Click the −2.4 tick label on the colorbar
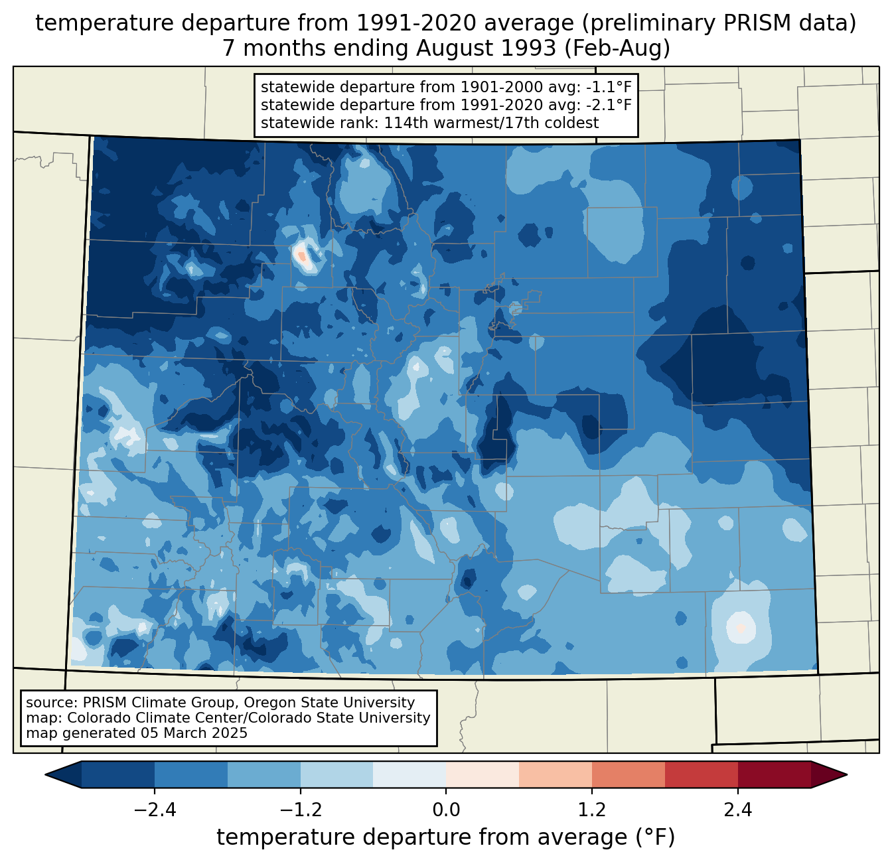[155, 811]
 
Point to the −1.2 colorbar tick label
[300, 811]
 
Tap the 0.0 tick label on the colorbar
[446, 811]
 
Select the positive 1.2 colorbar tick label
[592, 811]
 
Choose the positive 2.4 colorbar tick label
[737, 811]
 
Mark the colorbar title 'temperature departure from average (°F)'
[446, 837]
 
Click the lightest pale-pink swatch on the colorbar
[483, 774]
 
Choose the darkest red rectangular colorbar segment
[774, 774]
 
